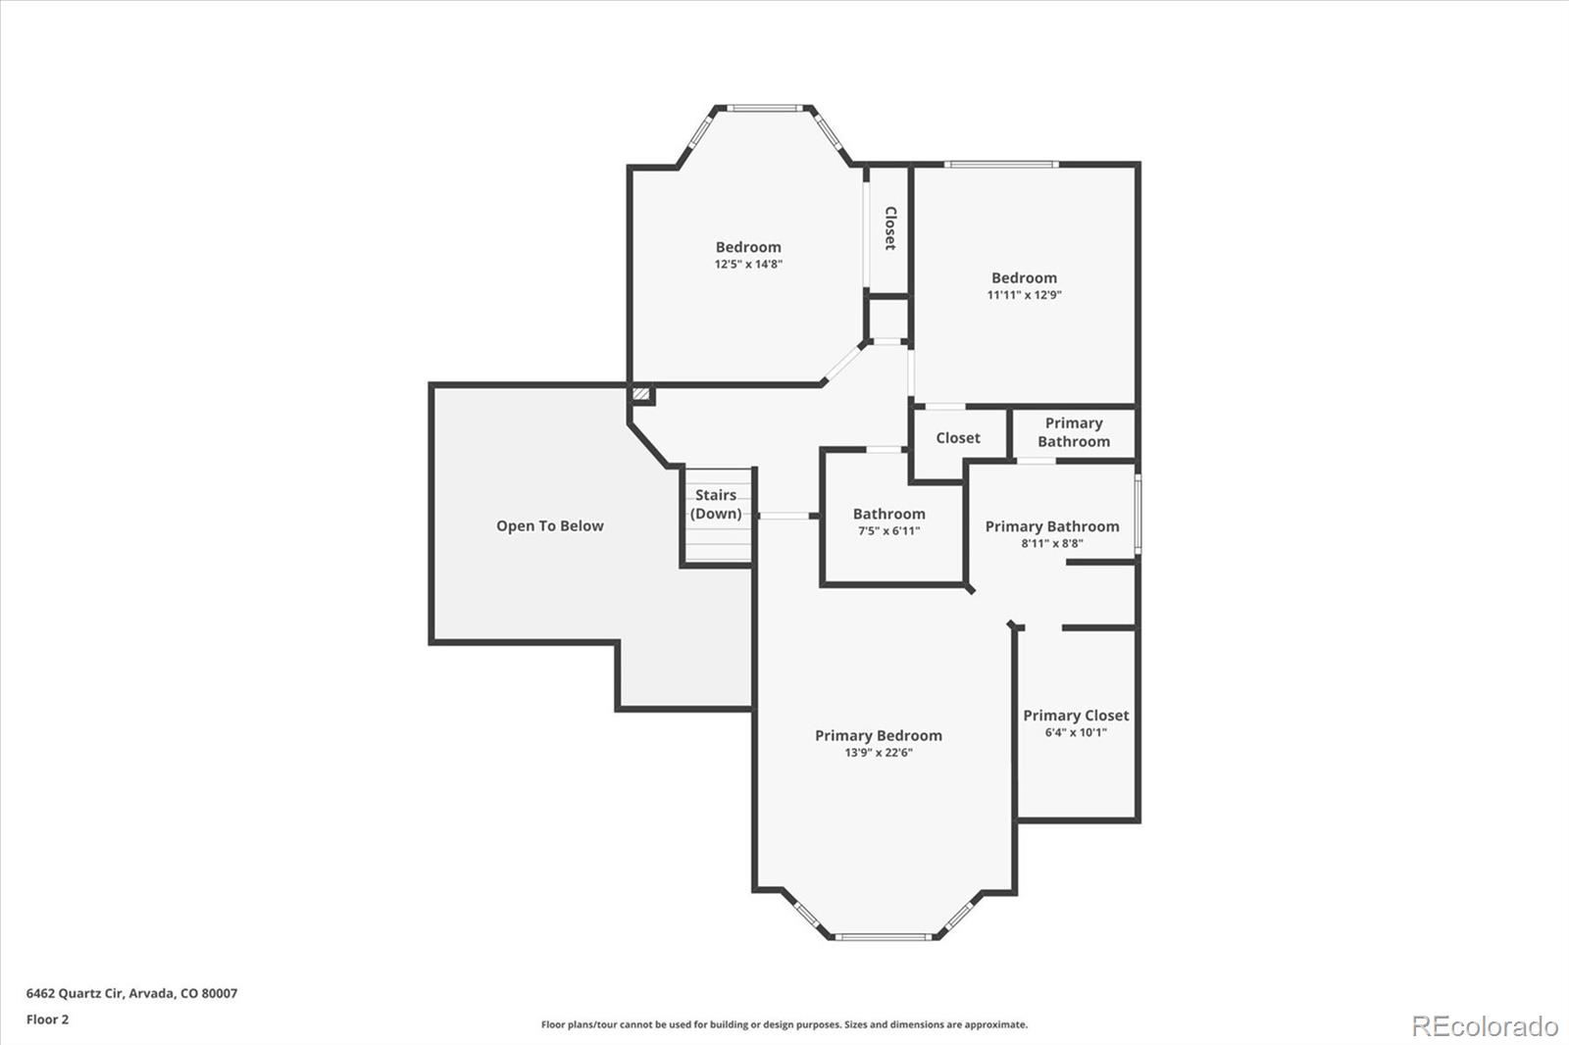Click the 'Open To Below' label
tap(549, 525)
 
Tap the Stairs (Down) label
tap(716, 504)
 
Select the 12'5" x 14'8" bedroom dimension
tap(748, 265)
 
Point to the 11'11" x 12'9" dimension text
tap(1024, 295)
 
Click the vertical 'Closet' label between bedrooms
tap(890, 227)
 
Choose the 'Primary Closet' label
tap(1076, 716)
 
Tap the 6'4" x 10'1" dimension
tap(1076, 732)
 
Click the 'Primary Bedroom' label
tap(878, 735)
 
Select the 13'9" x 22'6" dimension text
tap(878, 753)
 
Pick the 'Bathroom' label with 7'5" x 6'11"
tap(888, 514)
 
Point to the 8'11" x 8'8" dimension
tap(1051, 543)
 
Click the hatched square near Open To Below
tap(640, 393)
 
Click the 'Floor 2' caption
tap(47, 1020)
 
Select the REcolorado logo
tap(1484, 1025)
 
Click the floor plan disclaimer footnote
tap(784, 1024)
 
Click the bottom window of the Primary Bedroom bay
tap(884, 936)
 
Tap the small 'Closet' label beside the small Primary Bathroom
tap(957, 438)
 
